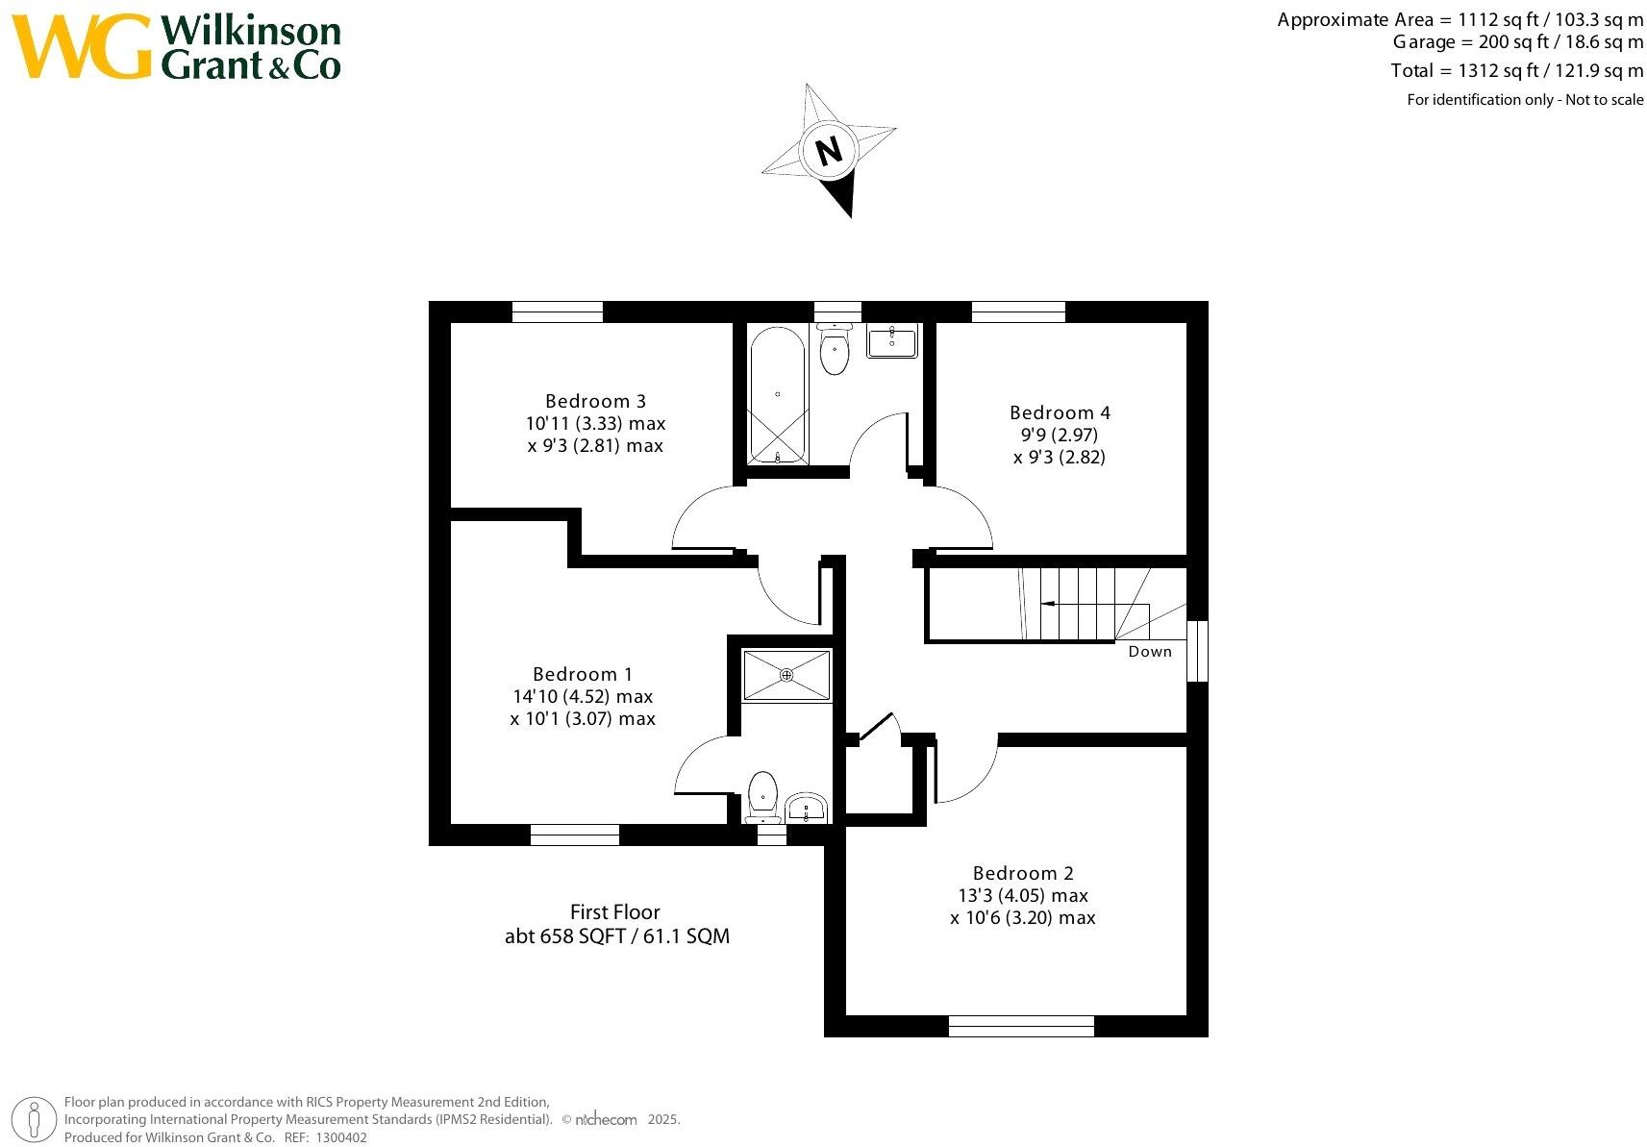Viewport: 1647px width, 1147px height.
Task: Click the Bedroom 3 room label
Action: click(595, 401)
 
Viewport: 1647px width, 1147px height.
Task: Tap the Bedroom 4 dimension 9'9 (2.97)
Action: click(1059, 435)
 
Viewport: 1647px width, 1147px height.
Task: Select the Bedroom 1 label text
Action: click(583, 674)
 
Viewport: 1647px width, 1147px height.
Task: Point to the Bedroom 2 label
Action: click(1023, 873)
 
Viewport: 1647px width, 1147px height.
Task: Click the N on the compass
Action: click(828, 150)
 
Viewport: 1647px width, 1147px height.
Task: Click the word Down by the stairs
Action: click(1150, 652)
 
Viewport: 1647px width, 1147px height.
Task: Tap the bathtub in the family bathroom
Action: click(777, 395)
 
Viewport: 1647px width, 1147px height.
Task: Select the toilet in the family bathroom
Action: click(835, 350)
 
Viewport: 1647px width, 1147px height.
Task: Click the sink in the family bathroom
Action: click(892, 341)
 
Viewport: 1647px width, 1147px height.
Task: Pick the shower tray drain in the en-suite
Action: click(786, 675)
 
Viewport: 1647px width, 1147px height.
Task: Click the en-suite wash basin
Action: click(806, 808)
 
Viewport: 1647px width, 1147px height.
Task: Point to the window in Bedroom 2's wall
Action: click(1021, 1026)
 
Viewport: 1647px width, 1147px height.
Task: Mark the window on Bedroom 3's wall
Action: click(557, 312)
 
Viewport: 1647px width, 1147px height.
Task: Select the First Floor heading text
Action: click(615, 911)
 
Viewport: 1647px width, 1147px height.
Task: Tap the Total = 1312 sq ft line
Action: click(1516, 70)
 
